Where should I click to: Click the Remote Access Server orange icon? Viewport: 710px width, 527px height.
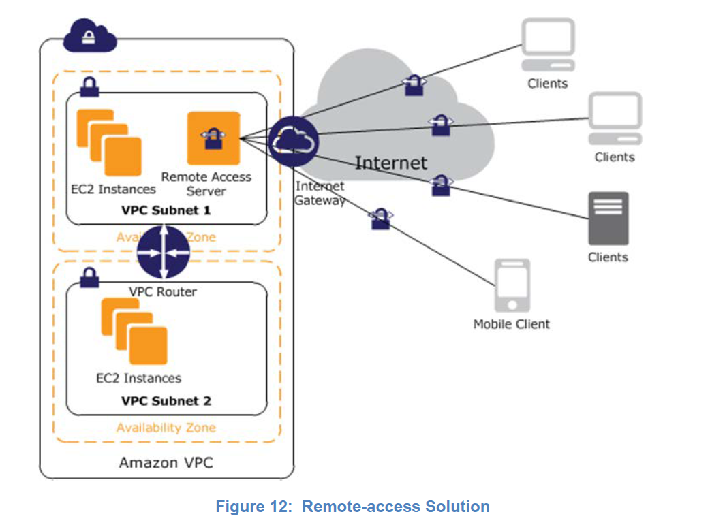[x=213, y=138]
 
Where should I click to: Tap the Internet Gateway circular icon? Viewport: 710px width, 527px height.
[x=293, y=140]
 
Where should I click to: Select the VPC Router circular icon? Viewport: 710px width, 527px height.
[x=163, y=252]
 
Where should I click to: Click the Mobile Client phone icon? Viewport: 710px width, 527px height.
[x=511, y=286]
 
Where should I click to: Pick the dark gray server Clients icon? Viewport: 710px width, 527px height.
[x=608, y=219]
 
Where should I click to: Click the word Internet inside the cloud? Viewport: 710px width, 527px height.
[x=391, y=163]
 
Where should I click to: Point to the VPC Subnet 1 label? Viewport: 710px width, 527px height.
[x=166, y=210]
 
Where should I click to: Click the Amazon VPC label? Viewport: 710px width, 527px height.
[x=166, y=463]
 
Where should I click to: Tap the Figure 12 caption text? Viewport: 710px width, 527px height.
[x=352, y=507]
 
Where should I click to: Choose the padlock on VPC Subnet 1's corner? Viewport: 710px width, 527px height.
[x=89, y=86]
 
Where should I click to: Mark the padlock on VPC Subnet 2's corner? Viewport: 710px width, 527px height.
[x=89, y=276]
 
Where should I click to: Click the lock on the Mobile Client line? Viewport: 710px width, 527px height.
[x=380, y=219]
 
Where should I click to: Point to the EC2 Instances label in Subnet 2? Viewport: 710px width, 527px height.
[x=138, y=378]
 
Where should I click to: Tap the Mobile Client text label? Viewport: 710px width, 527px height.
[x=511, y=324]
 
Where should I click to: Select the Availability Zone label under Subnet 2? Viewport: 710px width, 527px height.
[x=166, y=428]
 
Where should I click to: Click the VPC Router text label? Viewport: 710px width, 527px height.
[x=163, y=291]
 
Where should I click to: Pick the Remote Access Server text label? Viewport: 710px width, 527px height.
[x=206, y=184]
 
